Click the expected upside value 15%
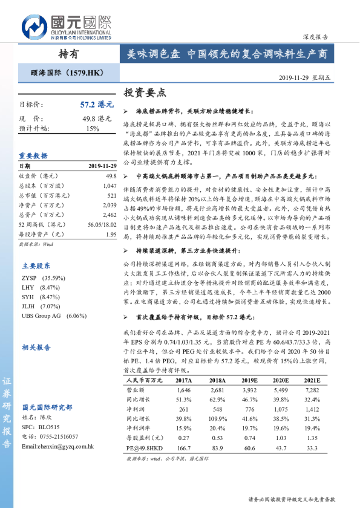coord(93,129)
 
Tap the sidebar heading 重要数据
coord(33,155)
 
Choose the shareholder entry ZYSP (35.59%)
coord(40,277)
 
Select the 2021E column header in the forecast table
coord(312,381)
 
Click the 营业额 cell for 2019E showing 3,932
coord(248,391)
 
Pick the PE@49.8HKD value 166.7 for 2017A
coord(184,449)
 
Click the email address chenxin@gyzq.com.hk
coord(57,447)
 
